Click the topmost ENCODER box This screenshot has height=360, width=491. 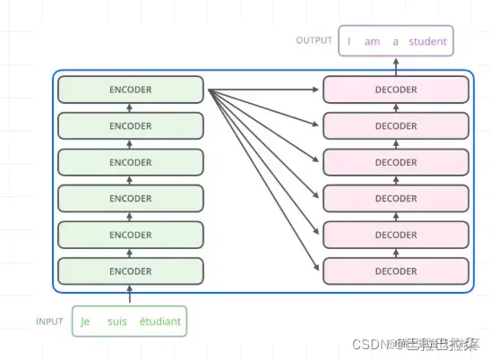click(x=130, y=90)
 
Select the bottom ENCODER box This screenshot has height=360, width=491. click(x=130, y=270)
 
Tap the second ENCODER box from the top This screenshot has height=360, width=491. click(x=130, y=126)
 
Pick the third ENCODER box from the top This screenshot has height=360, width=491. click(x=130, y=162)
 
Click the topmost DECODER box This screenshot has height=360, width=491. click(x=395, y=90)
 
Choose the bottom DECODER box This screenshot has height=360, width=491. click(x=395, y=270)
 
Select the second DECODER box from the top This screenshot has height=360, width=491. click(x=395, y=126)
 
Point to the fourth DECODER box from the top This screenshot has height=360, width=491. click(x=395, y=198)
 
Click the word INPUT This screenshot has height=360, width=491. click(x=49, y=321)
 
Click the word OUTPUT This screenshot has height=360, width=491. click(x=314, y=41)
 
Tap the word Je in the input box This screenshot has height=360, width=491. click(x=86, y=321)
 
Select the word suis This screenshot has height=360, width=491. click(x=117, y=321)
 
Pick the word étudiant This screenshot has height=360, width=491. click(x=159, y=321)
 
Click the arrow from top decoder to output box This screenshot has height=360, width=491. click(x=395, y=66)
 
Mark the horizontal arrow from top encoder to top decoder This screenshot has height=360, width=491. click(x=264, y=90)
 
